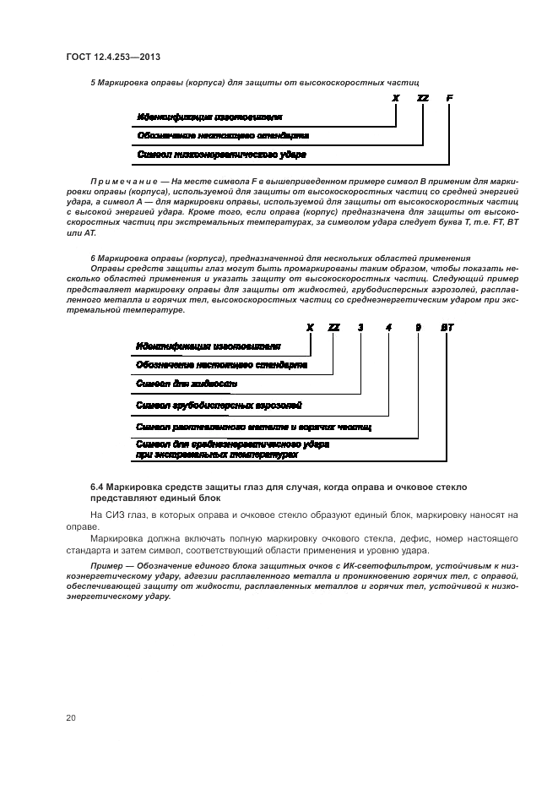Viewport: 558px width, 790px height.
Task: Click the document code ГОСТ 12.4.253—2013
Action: (113, 57)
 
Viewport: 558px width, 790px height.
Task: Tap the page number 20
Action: (71, 717)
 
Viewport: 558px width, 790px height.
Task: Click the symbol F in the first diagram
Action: (449, 98)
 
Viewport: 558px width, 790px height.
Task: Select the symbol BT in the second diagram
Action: (447, 327)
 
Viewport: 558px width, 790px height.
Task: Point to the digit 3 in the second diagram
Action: (360, 327)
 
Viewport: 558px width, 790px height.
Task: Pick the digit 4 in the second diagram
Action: (388, 327)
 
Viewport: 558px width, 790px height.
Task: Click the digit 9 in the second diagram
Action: (417, 327)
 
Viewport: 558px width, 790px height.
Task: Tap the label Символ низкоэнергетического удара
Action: (221, 155)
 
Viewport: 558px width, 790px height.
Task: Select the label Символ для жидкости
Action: (187, 384)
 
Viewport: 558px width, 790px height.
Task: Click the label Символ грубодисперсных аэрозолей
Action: (219, 406)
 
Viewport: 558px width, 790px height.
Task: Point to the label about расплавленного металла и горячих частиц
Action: (253, 428)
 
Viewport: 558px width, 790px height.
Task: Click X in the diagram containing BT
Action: (310, 327)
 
